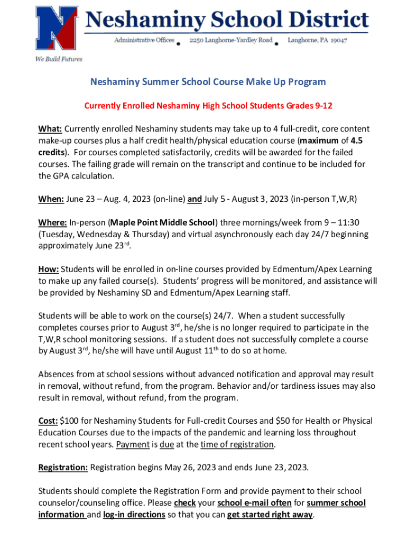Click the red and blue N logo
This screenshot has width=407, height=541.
click(x=57, y=29)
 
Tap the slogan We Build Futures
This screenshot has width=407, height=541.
click(x=59, y=59)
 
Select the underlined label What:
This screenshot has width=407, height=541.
click(x=50, y=129)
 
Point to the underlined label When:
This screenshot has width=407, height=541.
click(x=51, y=199)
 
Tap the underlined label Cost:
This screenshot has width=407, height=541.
click(x=48, y=421)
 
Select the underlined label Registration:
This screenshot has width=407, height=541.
click(x=63, y=468)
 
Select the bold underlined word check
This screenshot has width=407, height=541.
click(x=185, y=503)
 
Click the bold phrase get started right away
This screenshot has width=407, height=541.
click(x=270, y=515)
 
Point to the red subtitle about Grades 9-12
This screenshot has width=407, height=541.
click(x=208, y=106)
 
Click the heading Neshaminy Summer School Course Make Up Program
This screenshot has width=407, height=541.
click(x=208, y=82)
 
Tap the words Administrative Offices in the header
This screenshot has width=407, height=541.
click(x=144, y=41)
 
